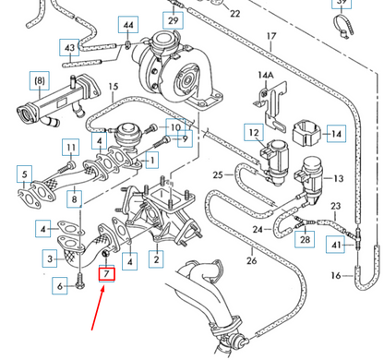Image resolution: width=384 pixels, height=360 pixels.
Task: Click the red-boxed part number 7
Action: click(x=107, y=274)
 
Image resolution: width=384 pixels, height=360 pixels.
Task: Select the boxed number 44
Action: click(x=127, y=24)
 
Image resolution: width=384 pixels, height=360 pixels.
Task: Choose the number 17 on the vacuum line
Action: click(x=271, y=39)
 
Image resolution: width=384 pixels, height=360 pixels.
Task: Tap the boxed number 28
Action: click(x=305, y=240)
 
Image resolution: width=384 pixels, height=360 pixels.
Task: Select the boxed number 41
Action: click(x=336, y=245)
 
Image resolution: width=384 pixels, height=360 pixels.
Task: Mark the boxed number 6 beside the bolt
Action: click(x=62, y=287)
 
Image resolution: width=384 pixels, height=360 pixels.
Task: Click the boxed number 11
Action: click(x=70, y=148)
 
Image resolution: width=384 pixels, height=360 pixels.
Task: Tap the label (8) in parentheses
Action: click(x=39, y=80)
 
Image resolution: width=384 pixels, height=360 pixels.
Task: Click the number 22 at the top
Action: click(x=234, y=14)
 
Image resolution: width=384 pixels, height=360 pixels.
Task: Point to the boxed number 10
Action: click(x=174, y=127)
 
